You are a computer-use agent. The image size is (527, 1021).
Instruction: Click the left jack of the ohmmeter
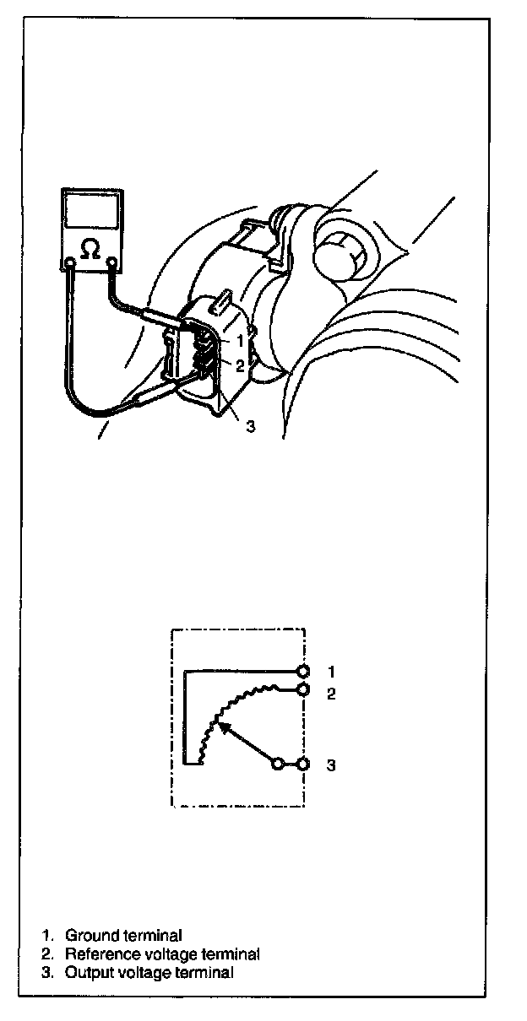point(70,263)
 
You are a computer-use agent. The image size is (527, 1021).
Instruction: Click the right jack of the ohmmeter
point(111,263)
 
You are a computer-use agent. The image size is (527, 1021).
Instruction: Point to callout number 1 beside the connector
point(240,342)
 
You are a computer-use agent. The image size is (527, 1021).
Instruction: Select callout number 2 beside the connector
point(240,365)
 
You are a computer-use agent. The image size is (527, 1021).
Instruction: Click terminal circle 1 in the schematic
point(302,672)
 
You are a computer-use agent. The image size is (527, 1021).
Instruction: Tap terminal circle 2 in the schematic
point(302,689)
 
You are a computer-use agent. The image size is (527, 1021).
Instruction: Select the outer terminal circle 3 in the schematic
point(302,764)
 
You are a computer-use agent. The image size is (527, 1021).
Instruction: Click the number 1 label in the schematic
point(332,672)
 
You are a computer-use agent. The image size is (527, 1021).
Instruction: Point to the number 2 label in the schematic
point(332,694)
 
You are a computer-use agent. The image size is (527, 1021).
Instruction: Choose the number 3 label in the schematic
point(332,765)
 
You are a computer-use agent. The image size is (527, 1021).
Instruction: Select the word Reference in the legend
point(98,954)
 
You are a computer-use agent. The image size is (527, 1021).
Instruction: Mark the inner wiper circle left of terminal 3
point(276,764)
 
